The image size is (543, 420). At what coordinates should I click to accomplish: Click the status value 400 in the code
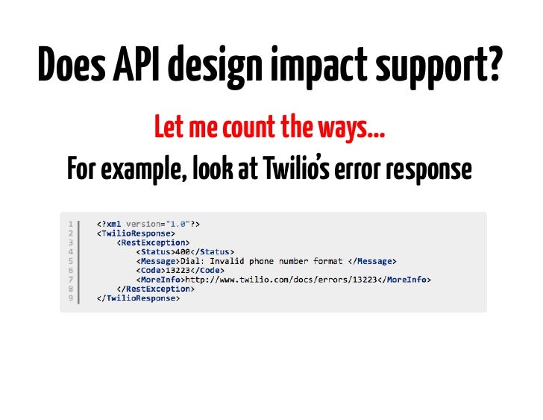coord(182,251)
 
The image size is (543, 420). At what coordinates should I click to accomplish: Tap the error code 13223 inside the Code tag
coord(176,270)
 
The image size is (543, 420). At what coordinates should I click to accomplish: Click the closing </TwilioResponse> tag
coord(138,298)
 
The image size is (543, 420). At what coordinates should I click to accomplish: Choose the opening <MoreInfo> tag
coord(160,280)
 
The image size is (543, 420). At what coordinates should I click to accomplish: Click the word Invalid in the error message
coord(227,261)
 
